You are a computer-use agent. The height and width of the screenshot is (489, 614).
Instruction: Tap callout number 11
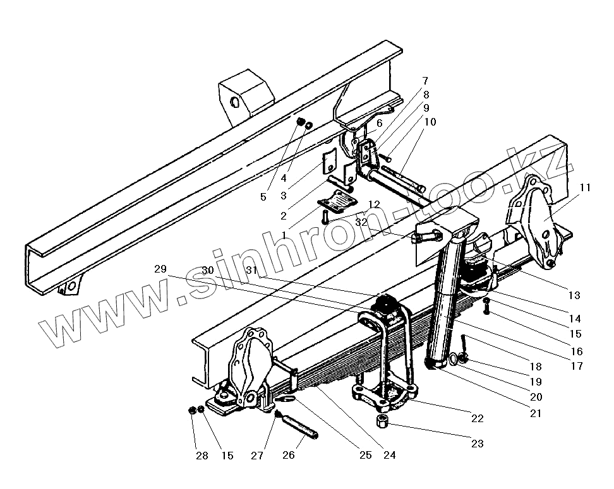pos(586,187)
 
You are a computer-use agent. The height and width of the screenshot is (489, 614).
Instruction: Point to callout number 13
pos(573,294)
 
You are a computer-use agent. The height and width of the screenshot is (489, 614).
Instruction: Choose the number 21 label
pos(536,414)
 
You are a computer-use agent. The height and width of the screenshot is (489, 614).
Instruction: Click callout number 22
pos(477,418)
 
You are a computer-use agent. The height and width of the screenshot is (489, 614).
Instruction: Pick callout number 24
pos(390,454)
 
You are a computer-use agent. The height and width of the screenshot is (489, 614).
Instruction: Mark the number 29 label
pos(160,269)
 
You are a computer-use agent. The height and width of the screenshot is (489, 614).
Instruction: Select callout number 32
pos(361,222)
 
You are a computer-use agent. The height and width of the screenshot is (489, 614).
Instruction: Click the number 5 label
pos(263,197)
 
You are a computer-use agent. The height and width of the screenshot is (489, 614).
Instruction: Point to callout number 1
pos(284,235)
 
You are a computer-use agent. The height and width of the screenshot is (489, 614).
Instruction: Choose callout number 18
pos(536,367)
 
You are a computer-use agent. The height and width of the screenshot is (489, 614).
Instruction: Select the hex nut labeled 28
pos(191,411)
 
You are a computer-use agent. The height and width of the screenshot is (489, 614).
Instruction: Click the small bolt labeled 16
pos(486,309)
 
